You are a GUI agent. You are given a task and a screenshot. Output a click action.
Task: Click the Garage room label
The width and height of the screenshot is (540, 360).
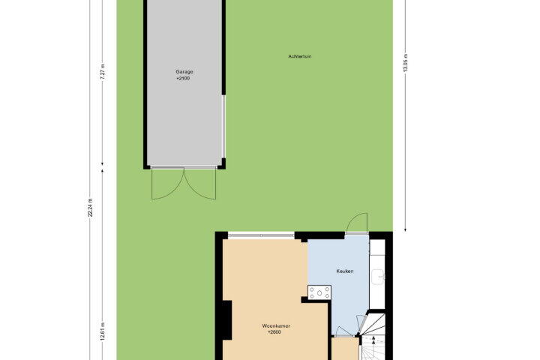pos(184,72)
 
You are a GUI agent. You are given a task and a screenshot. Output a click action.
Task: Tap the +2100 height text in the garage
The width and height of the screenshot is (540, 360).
pos(183,78)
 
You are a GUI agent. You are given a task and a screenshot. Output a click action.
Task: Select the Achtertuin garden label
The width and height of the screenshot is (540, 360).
pos(300,56)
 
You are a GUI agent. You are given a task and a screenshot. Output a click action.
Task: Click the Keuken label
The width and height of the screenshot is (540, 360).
pos(345,271)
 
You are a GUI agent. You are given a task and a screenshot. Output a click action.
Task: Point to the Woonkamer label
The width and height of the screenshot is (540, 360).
pos(276,326)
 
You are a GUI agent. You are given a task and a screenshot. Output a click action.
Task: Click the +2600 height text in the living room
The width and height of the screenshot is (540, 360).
pos(274,332)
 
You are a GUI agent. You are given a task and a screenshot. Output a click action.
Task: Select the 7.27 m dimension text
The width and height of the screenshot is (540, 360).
pos(102,72)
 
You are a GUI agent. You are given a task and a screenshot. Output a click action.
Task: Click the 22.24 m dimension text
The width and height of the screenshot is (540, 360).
pos(90,208)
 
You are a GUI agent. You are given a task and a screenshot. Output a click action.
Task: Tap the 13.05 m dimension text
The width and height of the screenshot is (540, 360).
pos(405,63)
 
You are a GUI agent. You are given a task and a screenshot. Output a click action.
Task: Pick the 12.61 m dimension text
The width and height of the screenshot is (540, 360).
pos(102,331)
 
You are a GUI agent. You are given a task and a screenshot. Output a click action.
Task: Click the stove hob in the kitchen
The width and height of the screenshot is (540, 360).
pos(319,292)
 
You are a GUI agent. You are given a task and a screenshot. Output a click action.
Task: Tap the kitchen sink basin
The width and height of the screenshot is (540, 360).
pos(378,277)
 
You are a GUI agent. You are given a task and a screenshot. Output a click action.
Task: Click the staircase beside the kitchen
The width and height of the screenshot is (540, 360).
pos(373,336)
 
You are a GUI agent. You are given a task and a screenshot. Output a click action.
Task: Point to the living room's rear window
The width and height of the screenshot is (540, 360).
pos(262,235)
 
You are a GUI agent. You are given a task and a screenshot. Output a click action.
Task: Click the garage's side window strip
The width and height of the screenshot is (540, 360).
pos(223,127)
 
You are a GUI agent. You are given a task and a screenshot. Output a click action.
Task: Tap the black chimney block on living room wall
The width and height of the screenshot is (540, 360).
pos(227,320)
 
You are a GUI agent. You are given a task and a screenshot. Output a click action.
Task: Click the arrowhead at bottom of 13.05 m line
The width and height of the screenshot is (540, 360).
pos(405,229)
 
